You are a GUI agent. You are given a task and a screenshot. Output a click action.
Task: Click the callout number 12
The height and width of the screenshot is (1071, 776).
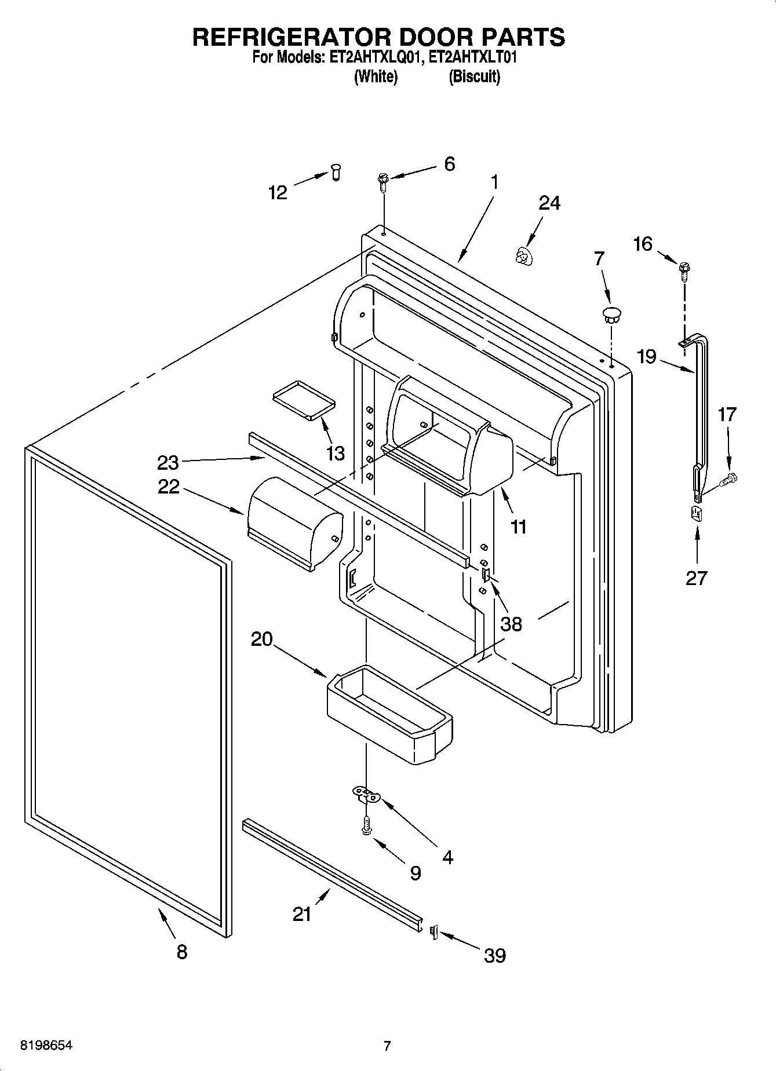tap(278, 193)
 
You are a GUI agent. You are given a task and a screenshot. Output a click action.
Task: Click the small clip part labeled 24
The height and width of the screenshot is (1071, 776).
tap(524, 255)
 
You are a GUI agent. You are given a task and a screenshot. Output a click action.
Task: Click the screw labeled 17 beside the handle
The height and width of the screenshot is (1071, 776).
tap(728, 479)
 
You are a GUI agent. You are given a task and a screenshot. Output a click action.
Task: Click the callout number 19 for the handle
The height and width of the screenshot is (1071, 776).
tap(647, 356)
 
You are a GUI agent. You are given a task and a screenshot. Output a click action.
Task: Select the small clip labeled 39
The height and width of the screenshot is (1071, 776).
tap(433, 932)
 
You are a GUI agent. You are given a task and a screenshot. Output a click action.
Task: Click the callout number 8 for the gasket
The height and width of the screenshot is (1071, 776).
tap(181, 952)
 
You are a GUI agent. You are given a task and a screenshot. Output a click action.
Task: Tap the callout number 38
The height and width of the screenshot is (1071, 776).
tap(511, 624)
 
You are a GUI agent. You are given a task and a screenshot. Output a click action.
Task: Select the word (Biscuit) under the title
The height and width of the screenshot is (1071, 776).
tap(474, 76)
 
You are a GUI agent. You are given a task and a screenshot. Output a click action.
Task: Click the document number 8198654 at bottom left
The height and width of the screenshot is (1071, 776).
tap(46, 1046)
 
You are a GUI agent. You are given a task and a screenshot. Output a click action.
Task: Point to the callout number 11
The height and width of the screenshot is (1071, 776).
tap(519, 527)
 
